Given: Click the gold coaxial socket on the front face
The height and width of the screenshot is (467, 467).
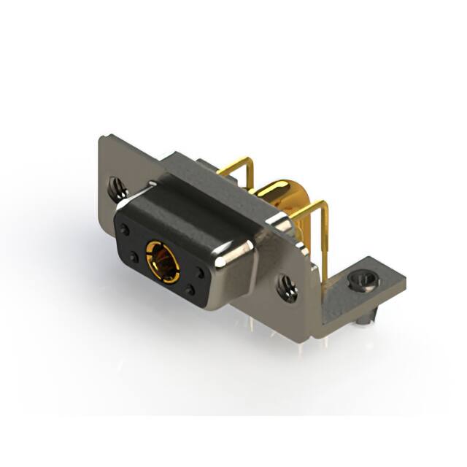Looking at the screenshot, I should coord(163,261).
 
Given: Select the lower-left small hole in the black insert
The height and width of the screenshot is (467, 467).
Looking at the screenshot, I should coord(134,257).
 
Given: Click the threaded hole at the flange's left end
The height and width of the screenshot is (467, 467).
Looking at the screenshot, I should coord(117,188).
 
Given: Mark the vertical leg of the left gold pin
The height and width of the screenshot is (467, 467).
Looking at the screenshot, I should coord(250,175).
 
